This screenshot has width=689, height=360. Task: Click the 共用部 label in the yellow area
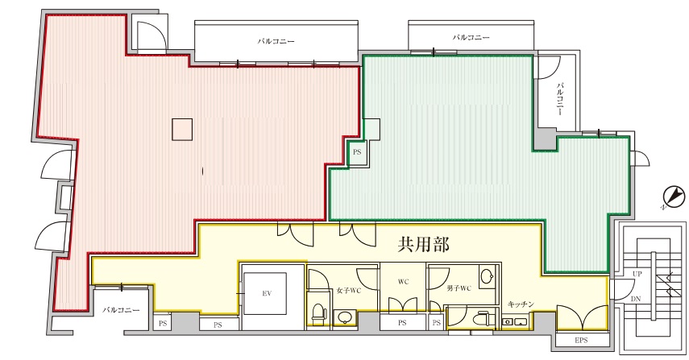(424, 245)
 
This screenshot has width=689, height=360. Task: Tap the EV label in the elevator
(267, 293)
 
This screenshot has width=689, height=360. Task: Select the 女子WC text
(348, 290)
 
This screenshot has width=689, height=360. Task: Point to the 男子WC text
(459, 288)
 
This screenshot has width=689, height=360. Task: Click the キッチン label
(521, 304)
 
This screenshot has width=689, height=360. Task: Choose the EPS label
(581, 340)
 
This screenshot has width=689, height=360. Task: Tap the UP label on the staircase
(637, 274)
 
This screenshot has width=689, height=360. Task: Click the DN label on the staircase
(635, 299)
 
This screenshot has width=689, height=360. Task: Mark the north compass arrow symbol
(674, 196)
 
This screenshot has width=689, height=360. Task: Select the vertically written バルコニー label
(560, 99)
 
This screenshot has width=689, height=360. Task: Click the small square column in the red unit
(182, 130)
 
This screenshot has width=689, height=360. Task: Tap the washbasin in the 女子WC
(345, 317)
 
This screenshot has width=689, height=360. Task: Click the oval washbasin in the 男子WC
(487, 277)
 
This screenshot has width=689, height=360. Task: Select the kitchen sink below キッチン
(515, 322)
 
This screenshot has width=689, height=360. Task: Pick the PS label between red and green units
(357, 152)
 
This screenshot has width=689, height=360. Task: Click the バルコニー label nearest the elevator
(121, 310)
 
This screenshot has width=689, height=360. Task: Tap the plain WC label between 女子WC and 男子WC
(404, 281)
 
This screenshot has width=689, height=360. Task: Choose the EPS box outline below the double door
(582, 341)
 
